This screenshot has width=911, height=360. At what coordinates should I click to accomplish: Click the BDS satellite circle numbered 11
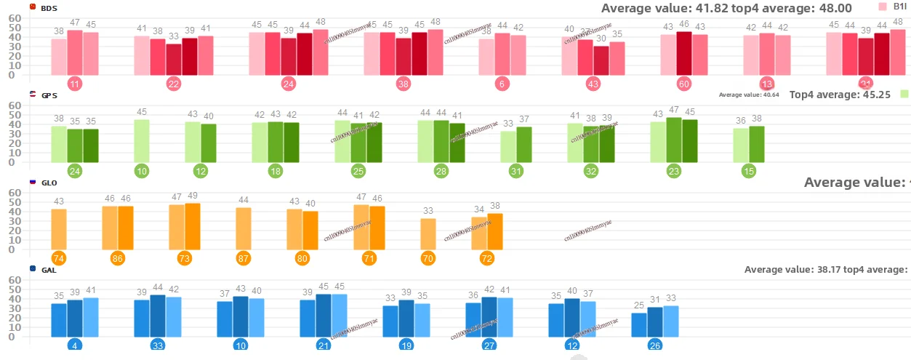tap(74, 84)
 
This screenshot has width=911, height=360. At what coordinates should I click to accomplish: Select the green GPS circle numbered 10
tap(142, 172)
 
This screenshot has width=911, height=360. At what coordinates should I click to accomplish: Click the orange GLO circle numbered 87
tap(244, 258)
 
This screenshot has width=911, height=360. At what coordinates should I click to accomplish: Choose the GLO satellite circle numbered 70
tap(428, 258)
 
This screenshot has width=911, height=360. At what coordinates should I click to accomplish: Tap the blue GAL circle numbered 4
tap(75, 345)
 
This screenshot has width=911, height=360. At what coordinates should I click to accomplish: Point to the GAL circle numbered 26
tap(654, 345)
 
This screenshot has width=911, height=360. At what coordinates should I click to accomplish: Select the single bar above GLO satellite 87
tap(244, 228)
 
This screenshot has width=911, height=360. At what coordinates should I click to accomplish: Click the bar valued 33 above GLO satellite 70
tap(428, 233)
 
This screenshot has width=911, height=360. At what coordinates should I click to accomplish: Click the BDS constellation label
tap(49, 7)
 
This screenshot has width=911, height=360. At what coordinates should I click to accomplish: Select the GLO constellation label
tap(49, 183)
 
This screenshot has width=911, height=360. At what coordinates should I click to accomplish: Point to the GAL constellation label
tap(49, 270)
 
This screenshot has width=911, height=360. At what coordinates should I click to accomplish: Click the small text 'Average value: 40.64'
tap(749, 95)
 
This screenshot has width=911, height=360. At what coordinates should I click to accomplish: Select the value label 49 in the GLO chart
tap(193, 196)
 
